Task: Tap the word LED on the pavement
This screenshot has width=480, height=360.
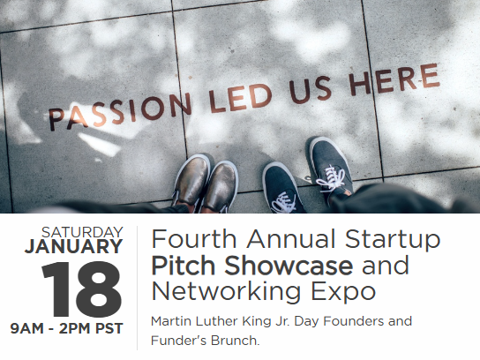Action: [x=241, y=97]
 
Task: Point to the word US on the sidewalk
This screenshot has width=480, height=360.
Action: [x=311, y=89]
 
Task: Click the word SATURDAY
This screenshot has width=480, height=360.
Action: [x=82, y=232]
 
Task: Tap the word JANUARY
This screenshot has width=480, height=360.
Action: [x=74, y=246]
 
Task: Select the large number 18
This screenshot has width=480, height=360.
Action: [x=82, y=289]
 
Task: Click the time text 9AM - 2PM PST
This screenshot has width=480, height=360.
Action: [x=66, y=328]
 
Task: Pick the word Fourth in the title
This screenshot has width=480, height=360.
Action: [x=194, y=239]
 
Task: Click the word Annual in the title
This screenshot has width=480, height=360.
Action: [x=291, y=239]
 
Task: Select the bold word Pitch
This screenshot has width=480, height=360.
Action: [x=183, y=265]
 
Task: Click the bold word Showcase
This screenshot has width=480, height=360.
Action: [x=289, y=265]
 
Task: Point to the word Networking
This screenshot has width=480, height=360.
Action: [x=226, y=292]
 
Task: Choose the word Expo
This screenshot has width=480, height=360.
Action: [x=343, y=292]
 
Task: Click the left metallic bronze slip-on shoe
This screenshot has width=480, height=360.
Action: [x=191, y=180]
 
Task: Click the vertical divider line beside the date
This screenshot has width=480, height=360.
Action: [x=137, y=288]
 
